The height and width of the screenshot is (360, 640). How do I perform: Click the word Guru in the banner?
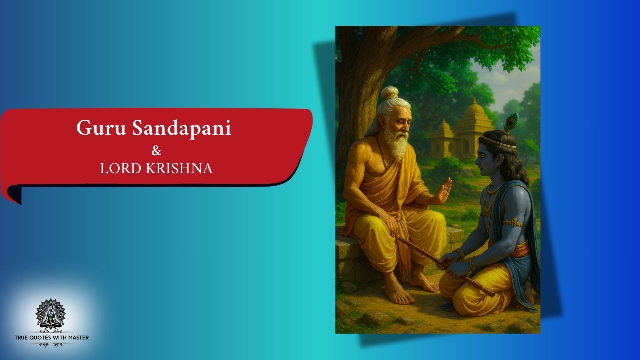tap(101, 128)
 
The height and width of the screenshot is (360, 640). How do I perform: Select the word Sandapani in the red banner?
tap(181, 128)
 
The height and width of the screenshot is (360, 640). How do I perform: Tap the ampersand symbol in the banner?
tap(156, 151)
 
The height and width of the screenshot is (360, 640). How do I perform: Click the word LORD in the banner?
tap(121, 168)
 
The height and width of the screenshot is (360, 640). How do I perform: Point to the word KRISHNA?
tap(179, 168)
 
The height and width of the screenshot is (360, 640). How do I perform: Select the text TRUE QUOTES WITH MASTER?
tap(51, 338)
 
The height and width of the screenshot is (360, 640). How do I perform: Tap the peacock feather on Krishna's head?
tap(511, 122)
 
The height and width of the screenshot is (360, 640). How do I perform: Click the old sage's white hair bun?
tap(390, 92)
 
